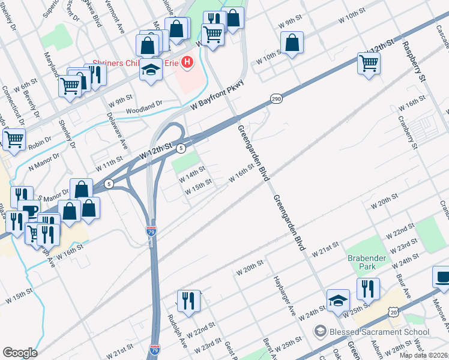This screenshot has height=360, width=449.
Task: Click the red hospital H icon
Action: pyautogui.click(x=188, y=61)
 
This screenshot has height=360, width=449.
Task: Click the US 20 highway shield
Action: pyautogui.click(x=393, y=312)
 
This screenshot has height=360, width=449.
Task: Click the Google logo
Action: pyautogui.click(x=20, y=353)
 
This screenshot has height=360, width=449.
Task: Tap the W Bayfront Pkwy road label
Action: pyautogui.click(x=218, y=95)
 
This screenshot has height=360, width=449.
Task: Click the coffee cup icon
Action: pyautogui.click(x=441, y=277)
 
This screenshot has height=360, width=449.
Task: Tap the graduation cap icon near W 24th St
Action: pyautogui.click(x=338, y=300)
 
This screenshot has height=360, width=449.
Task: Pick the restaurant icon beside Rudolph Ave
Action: pyautogui.click(x=188, y=300)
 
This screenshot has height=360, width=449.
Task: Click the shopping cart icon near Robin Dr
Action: pyautogui.click(x=13, y=139)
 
